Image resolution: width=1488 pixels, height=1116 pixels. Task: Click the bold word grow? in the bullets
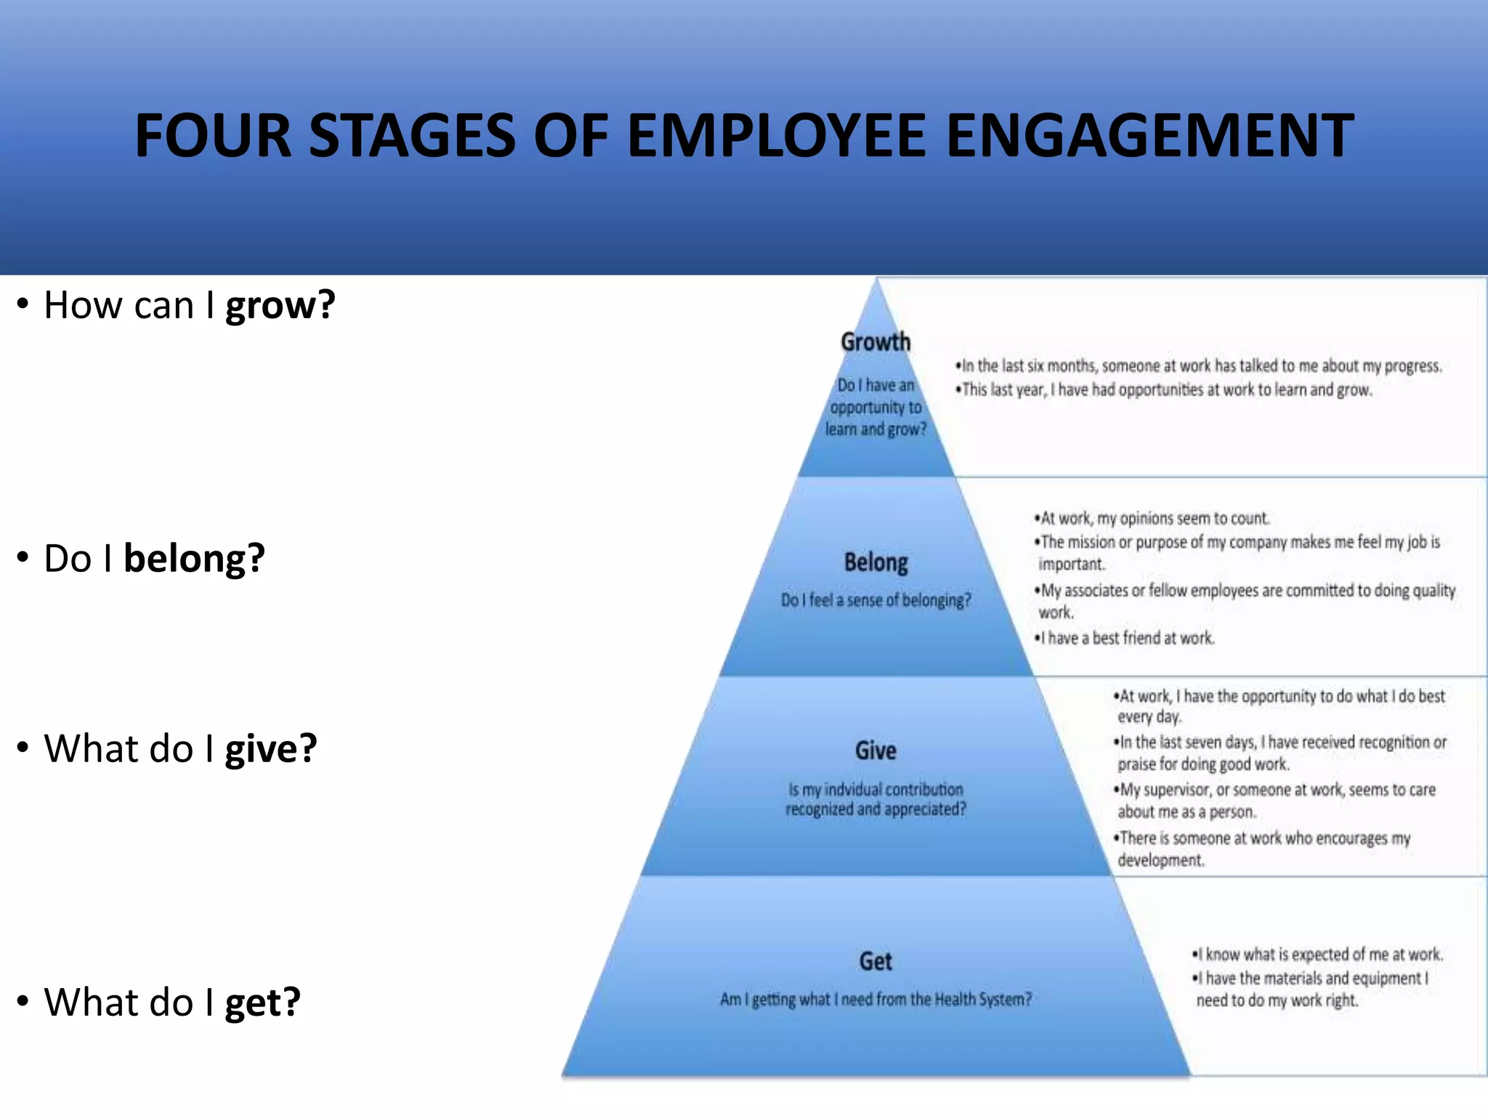280,305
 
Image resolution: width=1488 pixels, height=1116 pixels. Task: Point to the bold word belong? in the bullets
194,559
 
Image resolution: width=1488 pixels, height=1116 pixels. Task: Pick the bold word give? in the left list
271,749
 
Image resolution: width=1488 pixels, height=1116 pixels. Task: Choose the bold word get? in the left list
262,1003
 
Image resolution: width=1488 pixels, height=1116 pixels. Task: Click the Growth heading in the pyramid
876,341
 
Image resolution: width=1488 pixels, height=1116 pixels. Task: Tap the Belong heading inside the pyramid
876,562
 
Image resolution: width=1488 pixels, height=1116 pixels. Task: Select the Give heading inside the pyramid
876,751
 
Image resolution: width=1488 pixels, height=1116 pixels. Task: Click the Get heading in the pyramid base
876,961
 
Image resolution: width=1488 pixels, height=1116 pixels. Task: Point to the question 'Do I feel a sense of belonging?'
876,600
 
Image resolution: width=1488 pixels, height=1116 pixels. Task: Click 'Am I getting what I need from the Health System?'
876,1000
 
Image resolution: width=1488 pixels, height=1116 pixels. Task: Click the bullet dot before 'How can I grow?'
23,304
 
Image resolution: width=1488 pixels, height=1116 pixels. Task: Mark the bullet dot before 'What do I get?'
23,1002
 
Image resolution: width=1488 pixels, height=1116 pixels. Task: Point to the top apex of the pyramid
877,282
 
